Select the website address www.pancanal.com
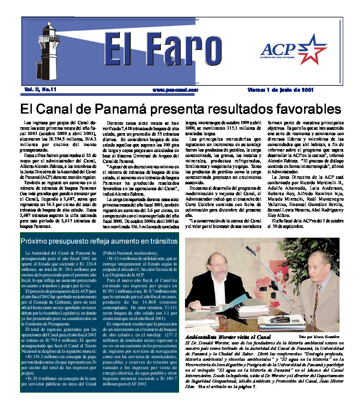(x=169, y=90)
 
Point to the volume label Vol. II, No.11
(x=40, y=90)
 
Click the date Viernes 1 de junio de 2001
(x=280, y=90)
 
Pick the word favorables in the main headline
(x=300, y=109)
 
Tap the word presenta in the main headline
(x=170, y=109)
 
